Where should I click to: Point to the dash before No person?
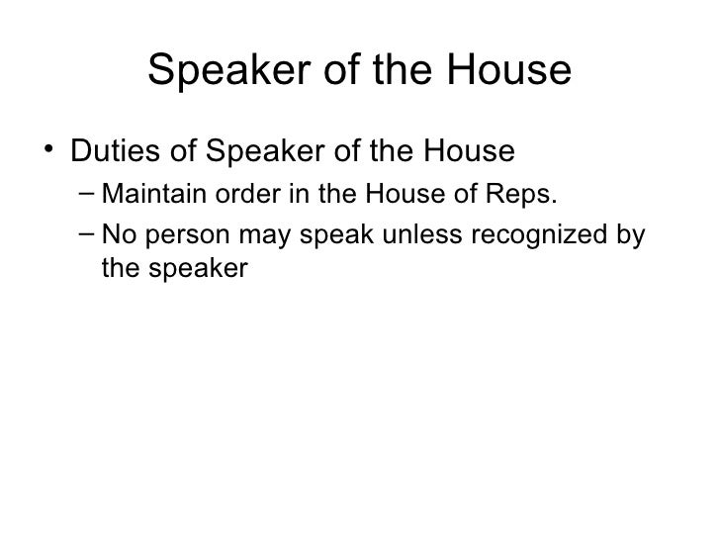(x=86, y=235)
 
